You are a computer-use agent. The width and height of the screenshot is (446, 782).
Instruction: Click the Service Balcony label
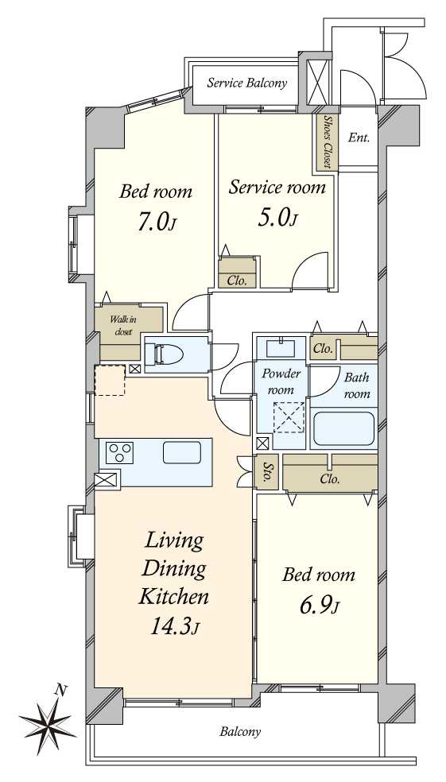(x=247, y=83)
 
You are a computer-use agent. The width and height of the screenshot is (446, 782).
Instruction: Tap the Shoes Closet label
(x=328, y=141)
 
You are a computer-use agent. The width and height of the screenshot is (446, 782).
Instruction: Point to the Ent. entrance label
(x=359, y=138)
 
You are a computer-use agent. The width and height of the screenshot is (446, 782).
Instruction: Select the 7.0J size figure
(x=156, y=223)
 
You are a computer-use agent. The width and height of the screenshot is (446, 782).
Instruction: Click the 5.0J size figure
(x=277, y=218)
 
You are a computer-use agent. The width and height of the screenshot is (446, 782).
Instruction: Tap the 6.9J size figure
(x=320, y=606)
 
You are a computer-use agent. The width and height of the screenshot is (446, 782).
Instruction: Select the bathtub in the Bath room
(x=344, y=428)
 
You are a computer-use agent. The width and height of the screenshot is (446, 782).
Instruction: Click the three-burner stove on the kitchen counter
(x=120, y=453)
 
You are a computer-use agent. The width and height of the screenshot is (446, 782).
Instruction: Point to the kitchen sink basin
(x=182, y=452)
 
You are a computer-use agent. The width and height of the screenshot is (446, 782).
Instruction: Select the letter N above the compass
(x=60, y=691)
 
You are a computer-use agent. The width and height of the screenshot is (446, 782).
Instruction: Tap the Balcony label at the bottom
(x=240, y=732)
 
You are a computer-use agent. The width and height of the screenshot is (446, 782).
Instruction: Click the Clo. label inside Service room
(x=237, y=281)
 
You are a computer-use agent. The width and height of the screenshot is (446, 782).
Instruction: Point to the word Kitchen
(x=173, y=596)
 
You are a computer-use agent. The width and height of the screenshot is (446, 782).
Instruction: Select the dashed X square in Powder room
(x=290, y=417)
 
